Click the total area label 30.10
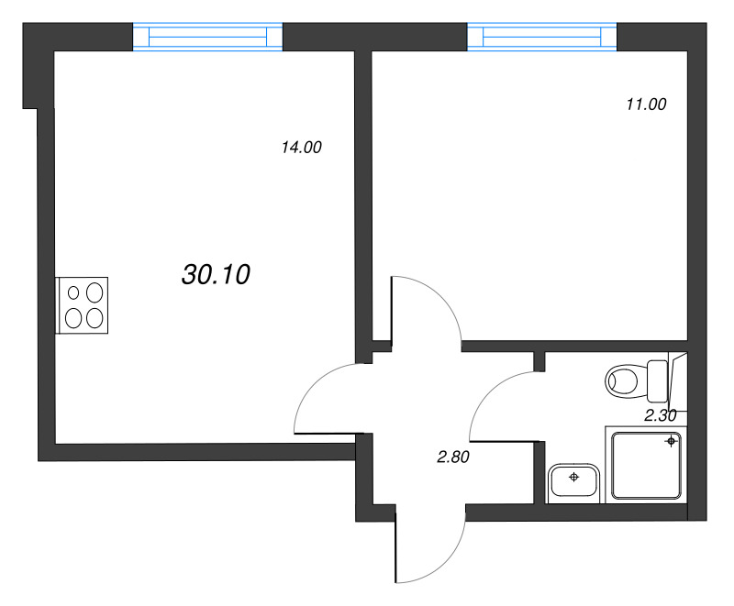217,274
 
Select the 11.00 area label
645,105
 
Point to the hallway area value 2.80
452,458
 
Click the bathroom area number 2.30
660,415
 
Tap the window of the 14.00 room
207,37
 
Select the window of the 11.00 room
541,37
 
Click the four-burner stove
83,304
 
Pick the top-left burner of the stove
72,292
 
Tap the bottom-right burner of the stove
94,317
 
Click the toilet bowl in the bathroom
626,380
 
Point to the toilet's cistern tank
658,380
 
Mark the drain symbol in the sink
574,478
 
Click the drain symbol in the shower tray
671,442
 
